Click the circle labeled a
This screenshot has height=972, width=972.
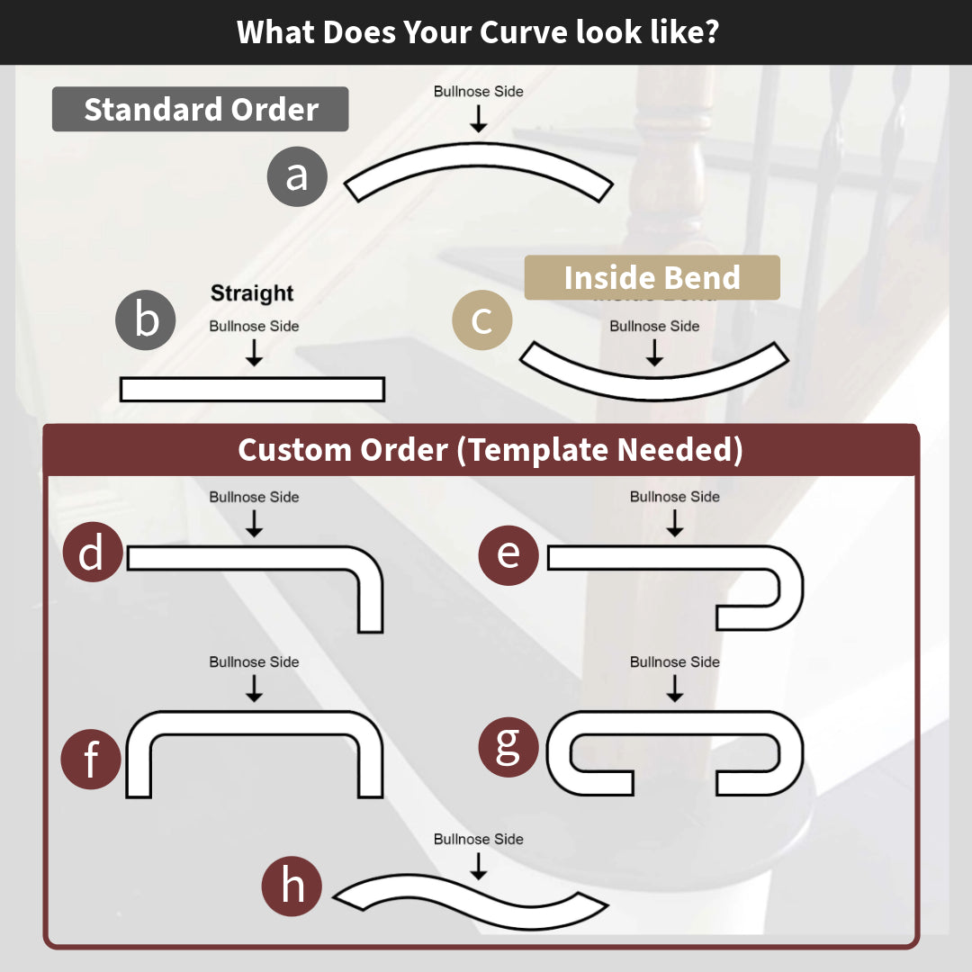297,176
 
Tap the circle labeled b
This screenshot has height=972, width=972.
146,320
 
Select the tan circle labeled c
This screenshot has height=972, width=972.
481,320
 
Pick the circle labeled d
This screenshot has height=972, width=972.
92,552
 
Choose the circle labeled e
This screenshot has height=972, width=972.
508,553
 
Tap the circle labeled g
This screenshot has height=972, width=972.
508,746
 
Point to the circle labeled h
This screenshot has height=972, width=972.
292,886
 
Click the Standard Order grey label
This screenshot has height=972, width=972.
201,110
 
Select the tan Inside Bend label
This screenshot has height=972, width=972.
652,277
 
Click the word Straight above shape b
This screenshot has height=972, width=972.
252,293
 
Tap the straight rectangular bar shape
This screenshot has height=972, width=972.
252,389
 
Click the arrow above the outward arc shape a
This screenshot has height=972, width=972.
479,119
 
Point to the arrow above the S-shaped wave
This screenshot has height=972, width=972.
479,866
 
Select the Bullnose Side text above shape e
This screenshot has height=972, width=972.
675,497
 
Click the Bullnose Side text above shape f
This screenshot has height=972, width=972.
254,661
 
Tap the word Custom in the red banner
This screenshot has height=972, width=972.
297,450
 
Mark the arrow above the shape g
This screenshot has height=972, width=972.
675,688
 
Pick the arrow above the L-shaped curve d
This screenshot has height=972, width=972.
254,524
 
